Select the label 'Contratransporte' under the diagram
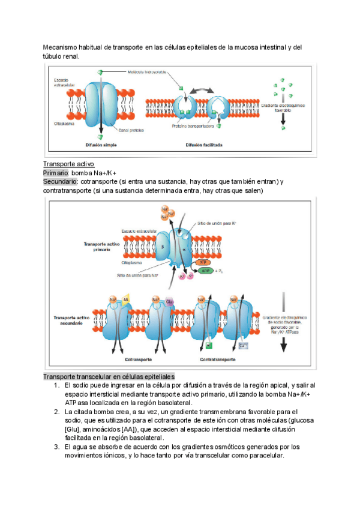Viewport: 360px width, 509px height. coord(217,361)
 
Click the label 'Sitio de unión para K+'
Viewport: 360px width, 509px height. coord(217,223)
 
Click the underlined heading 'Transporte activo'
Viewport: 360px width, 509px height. coord(68,164)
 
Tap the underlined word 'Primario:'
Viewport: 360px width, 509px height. coord(56,172)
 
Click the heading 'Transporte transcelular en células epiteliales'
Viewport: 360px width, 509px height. coord(109,376)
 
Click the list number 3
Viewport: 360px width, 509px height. coord(56,447)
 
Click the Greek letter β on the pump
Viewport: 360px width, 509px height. coord(163,245)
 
